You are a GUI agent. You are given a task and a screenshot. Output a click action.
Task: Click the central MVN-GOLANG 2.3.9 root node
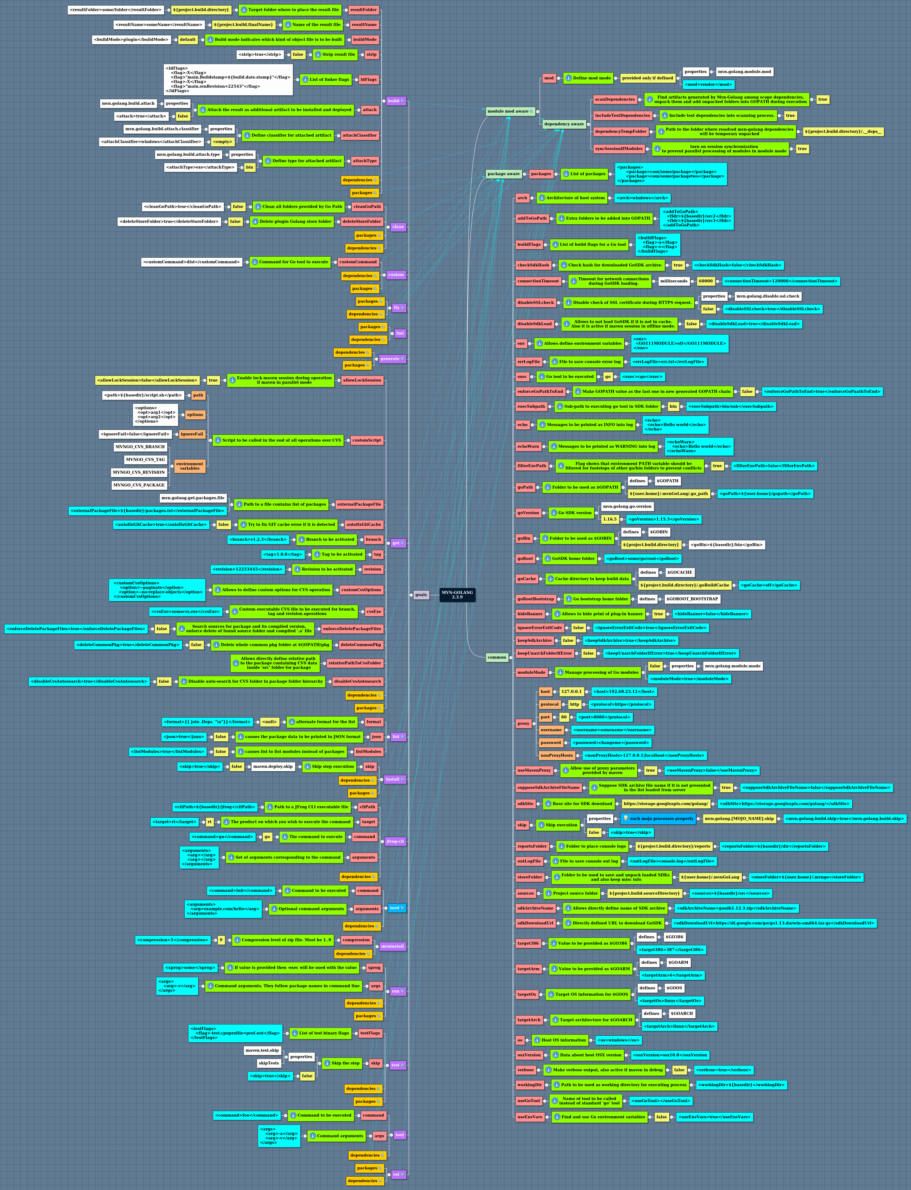(457, 594)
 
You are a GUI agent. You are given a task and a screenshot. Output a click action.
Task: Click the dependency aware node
(564, 124)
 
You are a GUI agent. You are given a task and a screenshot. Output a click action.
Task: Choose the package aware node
(503, 174)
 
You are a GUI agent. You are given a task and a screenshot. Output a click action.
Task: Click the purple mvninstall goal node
(392, 946)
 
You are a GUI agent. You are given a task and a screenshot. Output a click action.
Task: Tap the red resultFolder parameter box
(363, 10)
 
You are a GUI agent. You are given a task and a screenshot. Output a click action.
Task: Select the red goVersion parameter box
(528, 513)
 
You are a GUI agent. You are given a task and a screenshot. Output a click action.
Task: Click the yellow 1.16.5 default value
(610, 519)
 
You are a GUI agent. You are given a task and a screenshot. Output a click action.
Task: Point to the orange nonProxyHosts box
(556, 755)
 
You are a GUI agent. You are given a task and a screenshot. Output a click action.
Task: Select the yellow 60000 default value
(706, 281)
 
